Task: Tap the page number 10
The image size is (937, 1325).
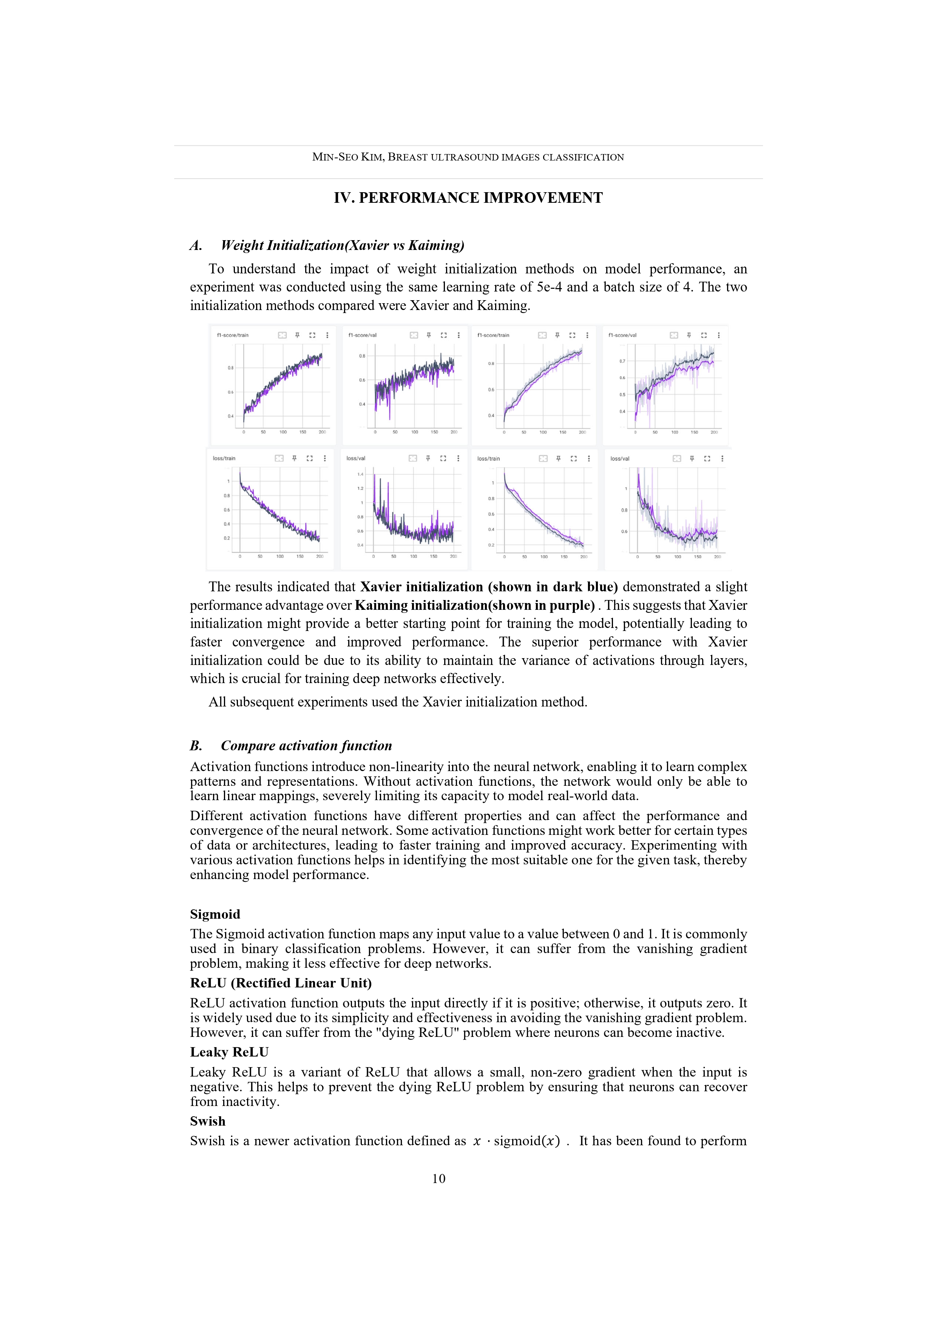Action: click(x=439, y=1178)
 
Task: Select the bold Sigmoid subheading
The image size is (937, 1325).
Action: click(x=215, y=914)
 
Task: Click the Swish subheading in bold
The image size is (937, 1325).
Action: click(x=207, y=1121)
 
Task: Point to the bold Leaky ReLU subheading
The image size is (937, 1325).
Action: click(x=229, y=1052)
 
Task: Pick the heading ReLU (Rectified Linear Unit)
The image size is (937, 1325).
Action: click(x=281, y=983)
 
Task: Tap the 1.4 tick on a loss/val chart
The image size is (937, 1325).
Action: click(x=360, y=474)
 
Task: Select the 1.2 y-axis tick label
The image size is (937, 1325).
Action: click(x=360, y=488)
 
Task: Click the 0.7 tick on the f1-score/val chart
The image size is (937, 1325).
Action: click(x=622, y=361)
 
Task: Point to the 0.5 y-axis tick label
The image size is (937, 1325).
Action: click(x=622, y=395)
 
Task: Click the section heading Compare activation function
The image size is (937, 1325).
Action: click(x=306, y=746)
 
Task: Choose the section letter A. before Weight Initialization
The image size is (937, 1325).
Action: click(x=196, y=245)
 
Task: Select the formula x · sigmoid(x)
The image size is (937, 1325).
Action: click(x=516, y=1141)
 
